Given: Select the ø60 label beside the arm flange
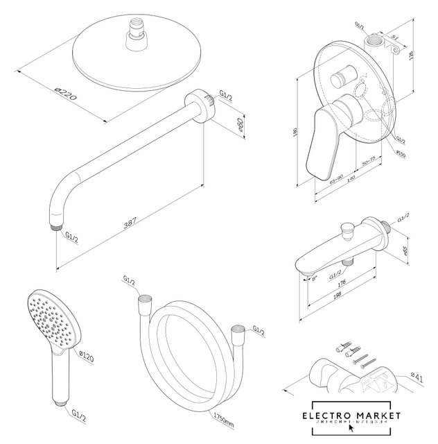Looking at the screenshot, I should pyautogui.click(x=239, y=126).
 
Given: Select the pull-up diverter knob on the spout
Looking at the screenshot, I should pyautogui.click(x=343, y=228).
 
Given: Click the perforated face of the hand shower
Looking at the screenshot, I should pyautogui.click(x=49, y=320).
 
